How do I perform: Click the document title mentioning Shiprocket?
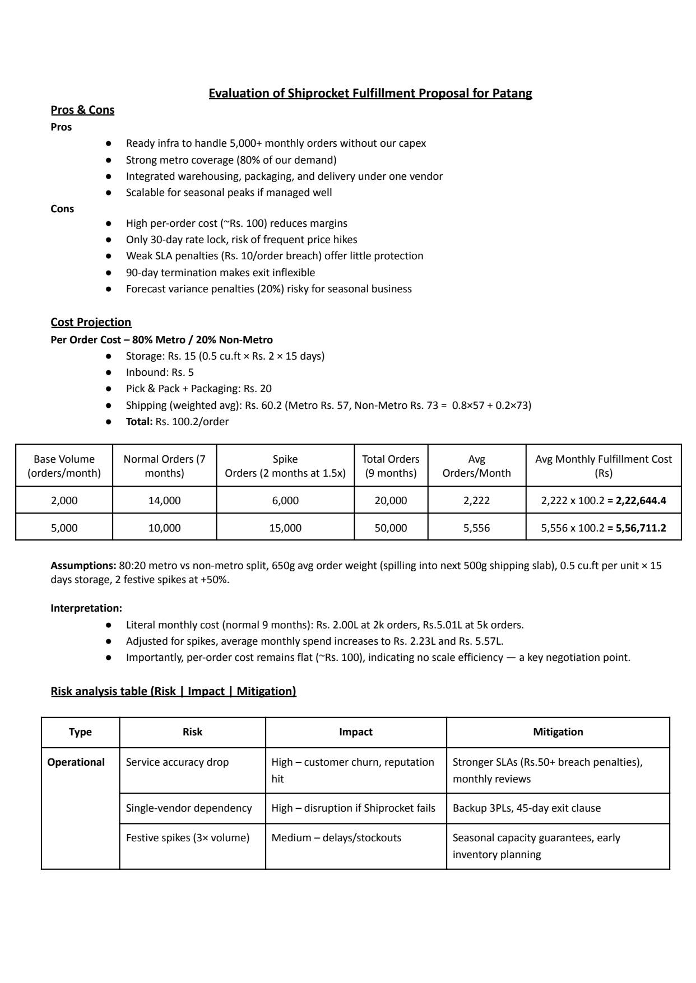click(370, 94)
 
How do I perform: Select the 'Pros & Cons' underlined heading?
click(82, 110)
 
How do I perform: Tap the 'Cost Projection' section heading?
click(91, 322)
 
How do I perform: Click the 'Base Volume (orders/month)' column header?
click(64, 466)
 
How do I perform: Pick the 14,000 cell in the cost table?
click(164, 501)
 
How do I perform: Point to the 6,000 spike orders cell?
click(285, 501)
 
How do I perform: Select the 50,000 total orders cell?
click(391, 528)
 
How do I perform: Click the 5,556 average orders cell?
click(476, 528)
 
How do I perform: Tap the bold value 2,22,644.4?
click(641, 501)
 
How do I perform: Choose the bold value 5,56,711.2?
click(641, 528)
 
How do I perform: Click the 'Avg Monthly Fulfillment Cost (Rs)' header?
click(603, 466)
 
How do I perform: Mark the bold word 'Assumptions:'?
click(83, 566)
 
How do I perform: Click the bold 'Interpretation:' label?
click(86, 608)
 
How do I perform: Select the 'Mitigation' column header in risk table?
click(558, 732)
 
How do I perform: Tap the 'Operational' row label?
click(76, 762)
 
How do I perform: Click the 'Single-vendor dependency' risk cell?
click(189, 808)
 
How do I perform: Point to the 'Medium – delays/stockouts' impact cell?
click(336, 838)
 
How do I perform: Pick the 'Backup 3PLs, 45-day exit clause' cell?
click(526, 808)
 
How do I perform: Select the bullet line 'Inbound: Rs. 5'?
click(160, 372)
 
